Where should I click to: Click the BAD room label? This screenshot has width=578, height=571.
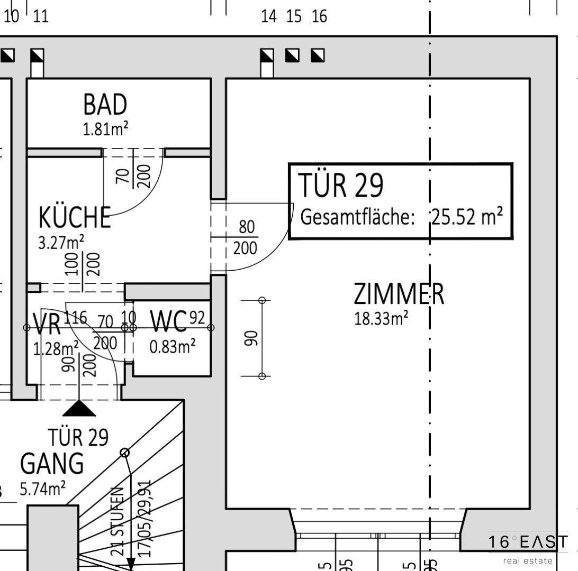105,105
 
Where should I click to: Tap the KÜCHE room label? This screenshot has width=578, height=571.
75,217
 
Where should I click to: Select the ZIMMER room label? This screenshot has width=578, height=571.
399,294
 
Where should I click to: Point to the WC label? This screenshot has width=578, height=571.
168,321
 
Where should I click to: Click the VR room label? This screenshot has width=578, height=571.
47,324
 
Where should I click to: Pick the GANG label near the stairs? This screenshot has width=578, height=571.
52,464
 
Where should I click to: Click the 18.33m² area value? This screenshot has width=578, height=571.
381,319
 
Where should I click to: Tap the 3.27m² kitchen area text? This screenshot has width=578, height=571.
61,243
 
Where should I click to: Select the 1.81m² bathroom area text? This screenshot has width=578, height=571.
105,129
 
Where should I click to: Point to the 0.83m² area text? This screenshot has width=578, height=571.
173,347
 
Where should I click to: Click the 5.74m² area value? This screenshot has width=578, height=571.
43,489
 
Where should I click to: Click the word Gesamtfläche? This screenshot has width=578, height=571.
357,217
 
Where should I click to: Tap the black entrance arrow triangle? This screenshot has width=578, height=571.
79,409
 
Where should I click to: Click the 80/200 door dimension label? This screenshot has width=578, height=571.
246,237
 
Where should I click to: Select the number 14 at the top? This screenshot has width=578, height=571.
268,16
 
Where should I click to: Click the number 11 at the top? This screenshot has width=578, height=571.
41,16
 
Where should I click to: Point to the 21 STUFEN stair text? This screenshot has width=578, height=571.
119,521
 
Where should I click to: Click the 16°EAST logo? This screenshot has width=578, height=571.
528,542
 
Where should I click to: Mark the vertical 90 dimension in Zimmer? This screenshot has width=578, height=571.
252,337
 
